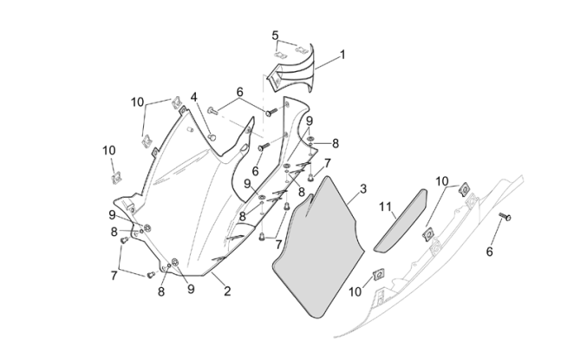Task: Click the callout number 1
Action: point(342,54)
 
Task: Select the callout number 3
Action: point(363,188)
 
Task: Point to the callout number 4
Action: point(194,97)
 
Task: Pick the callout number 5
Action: point(275,36)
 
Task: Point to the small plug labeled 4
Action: point(212,135)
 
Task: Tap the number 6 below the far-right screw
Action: point(490,252)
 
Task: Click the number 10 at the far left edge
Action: point(108,150)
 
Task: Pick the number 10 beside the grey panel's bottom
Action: point(354,292)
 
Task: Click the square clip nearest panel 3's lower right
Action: point(378,276)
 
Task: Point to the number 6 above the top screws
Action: point(239,93)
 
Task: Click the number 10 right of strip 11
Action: point(442,181)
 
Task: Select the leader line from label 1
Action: point(327,61)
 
